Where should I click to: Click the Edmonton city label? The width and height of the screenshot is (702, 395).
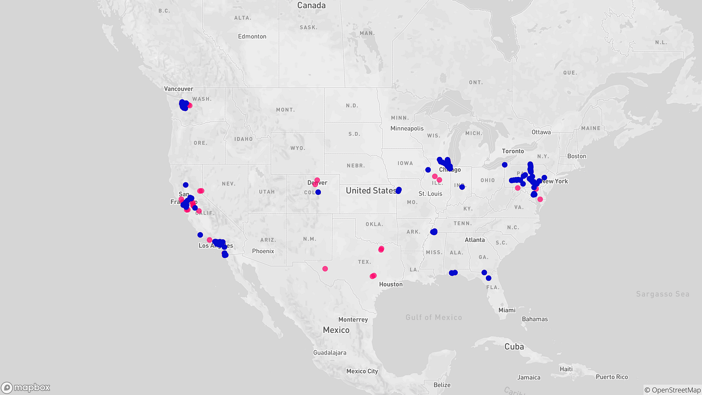tap(252, 37)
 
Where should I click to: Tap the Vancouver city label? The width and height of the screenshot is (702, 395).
tap(179, 89)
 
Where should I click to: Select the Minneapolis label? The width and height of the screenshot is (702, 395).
tap(407, 128)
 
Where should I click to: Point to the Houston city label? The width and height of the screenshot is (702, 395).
tap(391, 284)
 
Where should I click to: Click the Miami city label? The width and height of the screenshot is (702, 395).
tap(506, 310)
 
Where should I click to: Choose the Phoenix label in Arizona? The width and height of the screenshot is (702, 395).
tap(263, 251)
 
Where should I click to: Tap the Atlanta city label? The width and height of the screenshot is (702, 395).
tap(474, 240)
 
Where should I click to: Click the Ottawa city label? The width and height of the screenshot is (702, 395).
tap(541, 132)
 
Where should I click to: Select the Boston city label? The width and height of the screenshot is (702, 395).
tap(577, 156)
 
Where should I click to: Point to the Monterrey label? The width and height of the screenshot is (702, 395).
tap(353, 319)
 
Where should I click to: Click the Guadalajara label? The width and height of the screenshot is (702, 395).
tap(329, 352)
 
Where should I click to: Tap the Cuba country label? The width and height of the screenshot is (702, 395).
tap(514, 346)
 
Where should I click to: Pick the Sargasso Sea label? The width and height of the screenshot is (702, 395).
tap(662, 294)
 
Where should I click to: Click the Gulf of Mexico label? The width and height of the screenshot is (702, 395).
tap(434, 317)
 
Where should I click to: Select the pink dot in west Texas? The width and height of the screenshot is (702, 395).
tap(325, 269)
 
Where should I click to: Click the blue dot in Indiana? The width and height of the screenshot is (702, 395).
tap(462, 186)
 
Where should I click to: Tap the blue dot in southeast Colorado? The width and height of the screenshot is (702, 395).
tap(318, 192)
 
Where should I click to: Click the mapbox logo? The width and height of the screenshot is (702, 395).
tap(26, 387)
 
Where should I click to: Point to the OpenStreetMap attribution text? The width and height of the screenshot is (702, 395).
tap(672, 390)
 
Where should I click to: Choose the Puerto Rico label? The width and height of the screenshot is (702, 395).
tap(612, 377)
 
